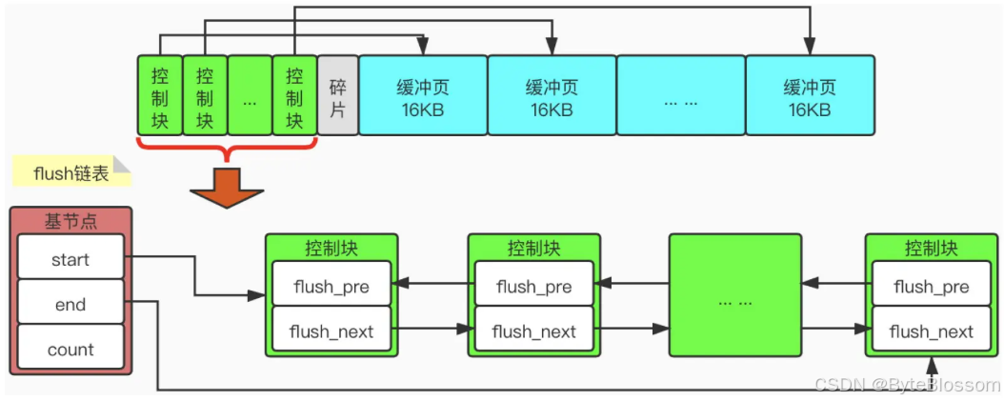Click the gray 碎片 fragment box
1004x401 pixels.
(337, 95)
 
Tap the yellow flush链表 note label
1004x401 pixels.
(71, 173)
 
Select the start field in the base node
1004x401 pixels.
(70, 260)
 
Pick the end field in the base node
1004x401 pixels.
(70, 304)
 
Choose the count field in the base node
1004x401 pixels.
(70, 350)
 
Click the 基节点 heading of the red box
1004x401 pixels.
(70, 221)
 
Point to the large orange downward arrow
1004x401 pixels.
(227, 189)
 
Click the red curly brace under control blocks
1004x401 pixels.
(228, 149)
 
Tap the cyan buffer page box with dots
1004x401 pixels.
(681, 95)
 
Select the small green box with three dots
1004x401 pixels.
(250, 95)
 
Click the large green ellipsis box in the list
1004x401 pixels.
(734, 295)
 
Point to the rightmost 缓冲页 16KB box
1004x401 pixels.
(810, 95)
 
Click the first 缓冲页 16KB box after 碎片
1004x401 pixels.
(423, 95)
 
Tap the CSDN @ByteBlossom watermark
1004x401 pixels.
(907, 384)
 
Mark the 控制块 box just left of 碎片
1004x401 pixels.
(294, 95)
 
